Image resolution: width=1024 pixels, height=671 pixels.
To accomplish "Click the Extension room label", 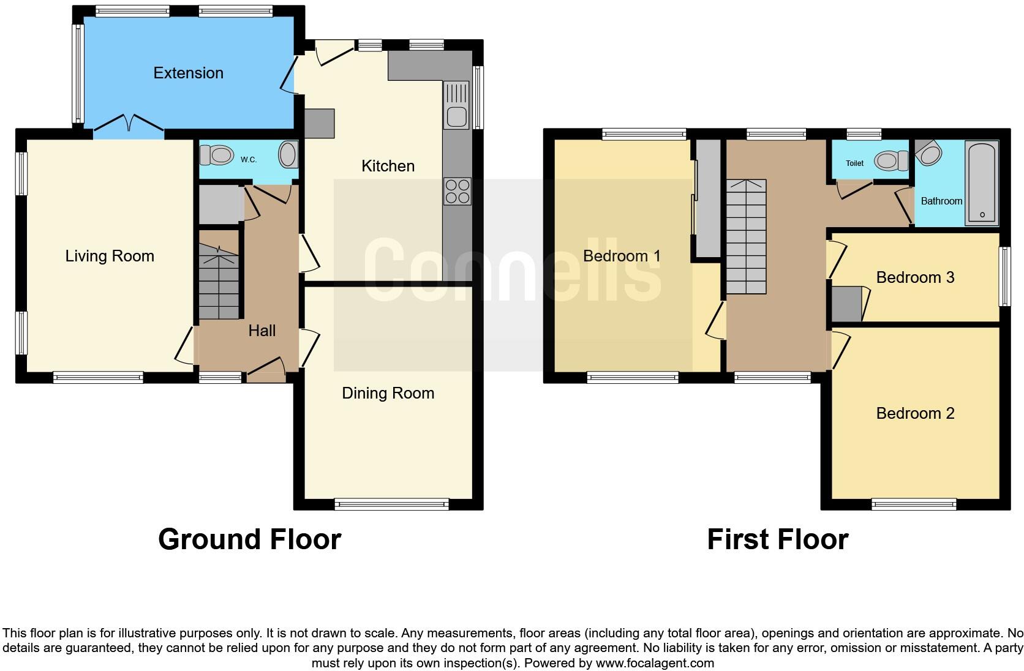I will [188, 73].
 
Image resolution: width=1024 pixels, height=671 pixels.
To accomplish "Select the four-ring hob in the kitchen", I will [457, 191].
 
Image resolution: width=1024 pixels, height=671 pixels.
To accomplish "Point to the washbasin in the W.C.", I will [288, 155].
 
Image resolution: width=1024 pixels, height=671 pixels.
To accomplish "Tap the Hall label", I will [262, 331].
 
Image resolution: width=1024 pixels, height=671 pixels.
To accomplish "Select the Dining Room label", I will [388, 393].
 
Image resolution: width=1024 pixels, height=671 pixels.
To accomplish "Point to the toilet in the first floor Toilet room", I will [891, 161].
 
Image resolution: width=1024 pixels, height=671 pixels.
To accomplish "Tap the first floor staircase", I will [746, 237].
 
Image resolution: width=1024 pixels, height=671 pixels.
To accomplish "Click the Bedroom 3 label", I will [915, 277].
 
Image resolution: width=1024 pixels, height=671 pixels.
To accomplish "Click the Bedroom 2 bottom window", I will [914, 504].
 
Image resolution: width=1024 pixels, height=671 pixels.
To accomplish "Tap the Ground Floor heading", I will [249, 539].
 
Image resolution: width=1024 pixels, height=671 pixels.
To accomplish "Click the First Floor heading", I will [777, 539].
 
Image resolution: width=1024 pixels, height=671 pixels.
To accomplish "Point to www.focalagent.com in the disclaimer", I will [655, 663].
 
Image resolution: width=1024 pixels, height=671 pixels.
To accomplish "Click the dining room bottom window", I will [392, 504].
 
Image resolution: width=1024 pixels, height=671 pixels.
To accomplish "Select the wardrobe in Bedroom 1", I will [709, 198].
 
